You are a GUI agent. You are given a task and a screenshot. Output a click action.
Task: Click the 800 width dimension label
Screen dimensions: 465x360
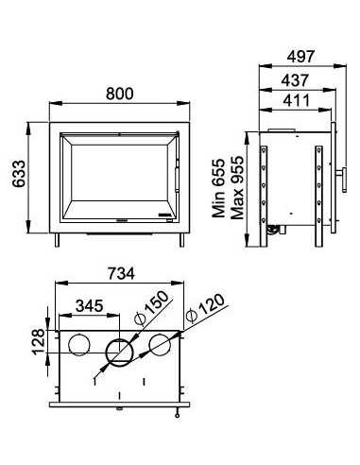pos(119,94)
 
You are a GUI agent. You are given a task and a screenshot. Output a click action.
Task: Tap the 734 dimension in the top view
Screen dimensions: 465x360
pos(119,274)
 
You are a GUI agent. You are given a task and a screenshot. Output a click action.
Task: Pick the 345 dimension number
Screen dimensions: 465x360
pos(88,309)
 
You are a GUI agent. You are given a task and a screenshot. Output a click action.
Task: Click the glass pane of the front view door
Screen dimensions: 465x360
pos(117,175)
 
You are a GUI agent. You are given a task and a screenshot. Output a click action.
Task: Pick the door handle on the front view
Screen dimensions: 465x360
pos(176,175)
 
